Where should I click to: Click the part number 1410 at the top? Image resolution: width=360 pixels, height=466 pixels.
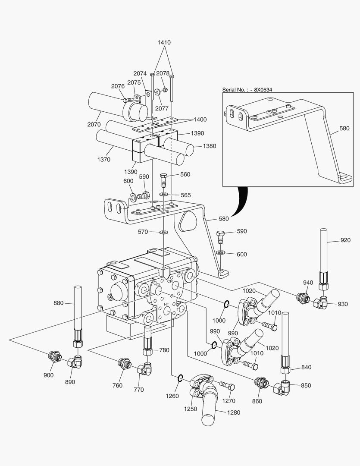[164, 42]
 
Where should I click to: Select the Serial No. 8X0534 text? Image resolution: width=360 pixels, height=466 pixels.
[247, 90]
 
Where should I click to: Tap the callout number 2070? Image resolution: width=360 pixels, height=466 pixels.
[94, 124]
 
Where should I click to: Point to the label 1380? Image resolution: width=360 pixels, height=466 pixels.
[209, 146]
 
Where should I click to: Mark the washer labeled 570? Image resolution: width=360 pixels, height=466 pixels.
[164, 233]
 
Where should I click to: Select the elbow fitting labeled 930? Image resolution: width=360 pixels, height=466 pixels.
[321, 303]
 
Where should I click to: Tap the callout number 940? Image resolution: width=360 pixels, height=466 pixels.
[307, 283]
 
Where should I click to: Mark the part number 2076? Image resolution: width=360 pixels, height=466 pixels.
[118, 86]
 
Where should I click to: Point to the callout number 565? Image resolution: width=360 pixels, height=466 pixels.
[185, 195]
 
